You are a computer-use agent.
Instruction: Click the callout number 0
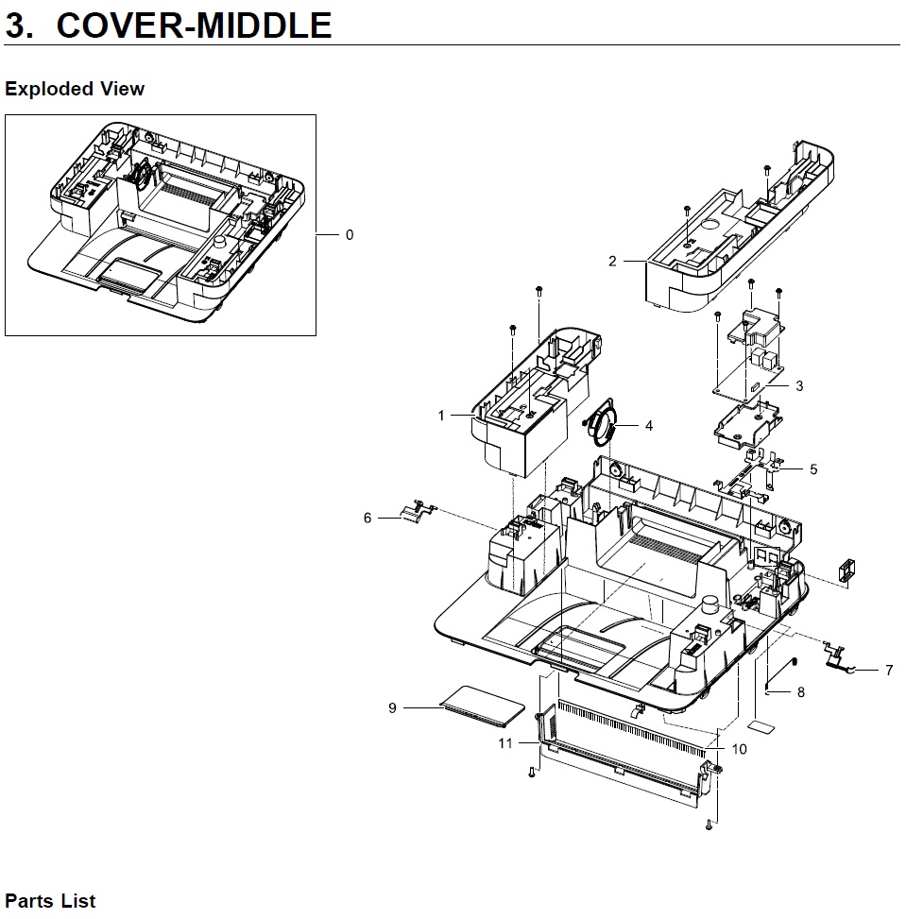coord(350,235)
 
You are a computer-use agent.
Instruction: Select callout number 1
coord(441,416)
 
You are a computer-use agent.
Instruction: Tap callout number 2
coord(612,261)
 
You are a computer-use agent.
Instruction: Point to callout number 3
coord(799,385)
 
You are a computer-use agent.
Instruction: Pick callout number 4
coord(649,426)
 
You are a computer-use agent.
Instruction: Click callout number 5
coord(813,469)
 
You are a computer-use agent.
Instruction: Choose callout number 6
coord(368,518)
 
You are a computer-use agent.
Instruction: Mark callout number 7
coord(889,671)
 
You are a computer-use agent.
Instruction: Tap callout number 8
coord(801,692)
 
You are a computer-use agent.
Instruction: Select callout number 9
coord(392,707)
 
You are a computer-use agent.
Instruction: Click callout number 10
coord(739,749)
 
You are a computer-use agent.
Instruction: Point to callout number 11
coord(505,743)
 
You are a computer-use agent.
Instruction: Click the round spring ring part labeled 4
coord(603,426)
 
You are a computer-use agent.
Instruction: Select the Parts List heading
coord(50,901)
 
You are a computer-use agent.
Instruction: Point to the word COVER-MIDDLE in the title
coord(194,26)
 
